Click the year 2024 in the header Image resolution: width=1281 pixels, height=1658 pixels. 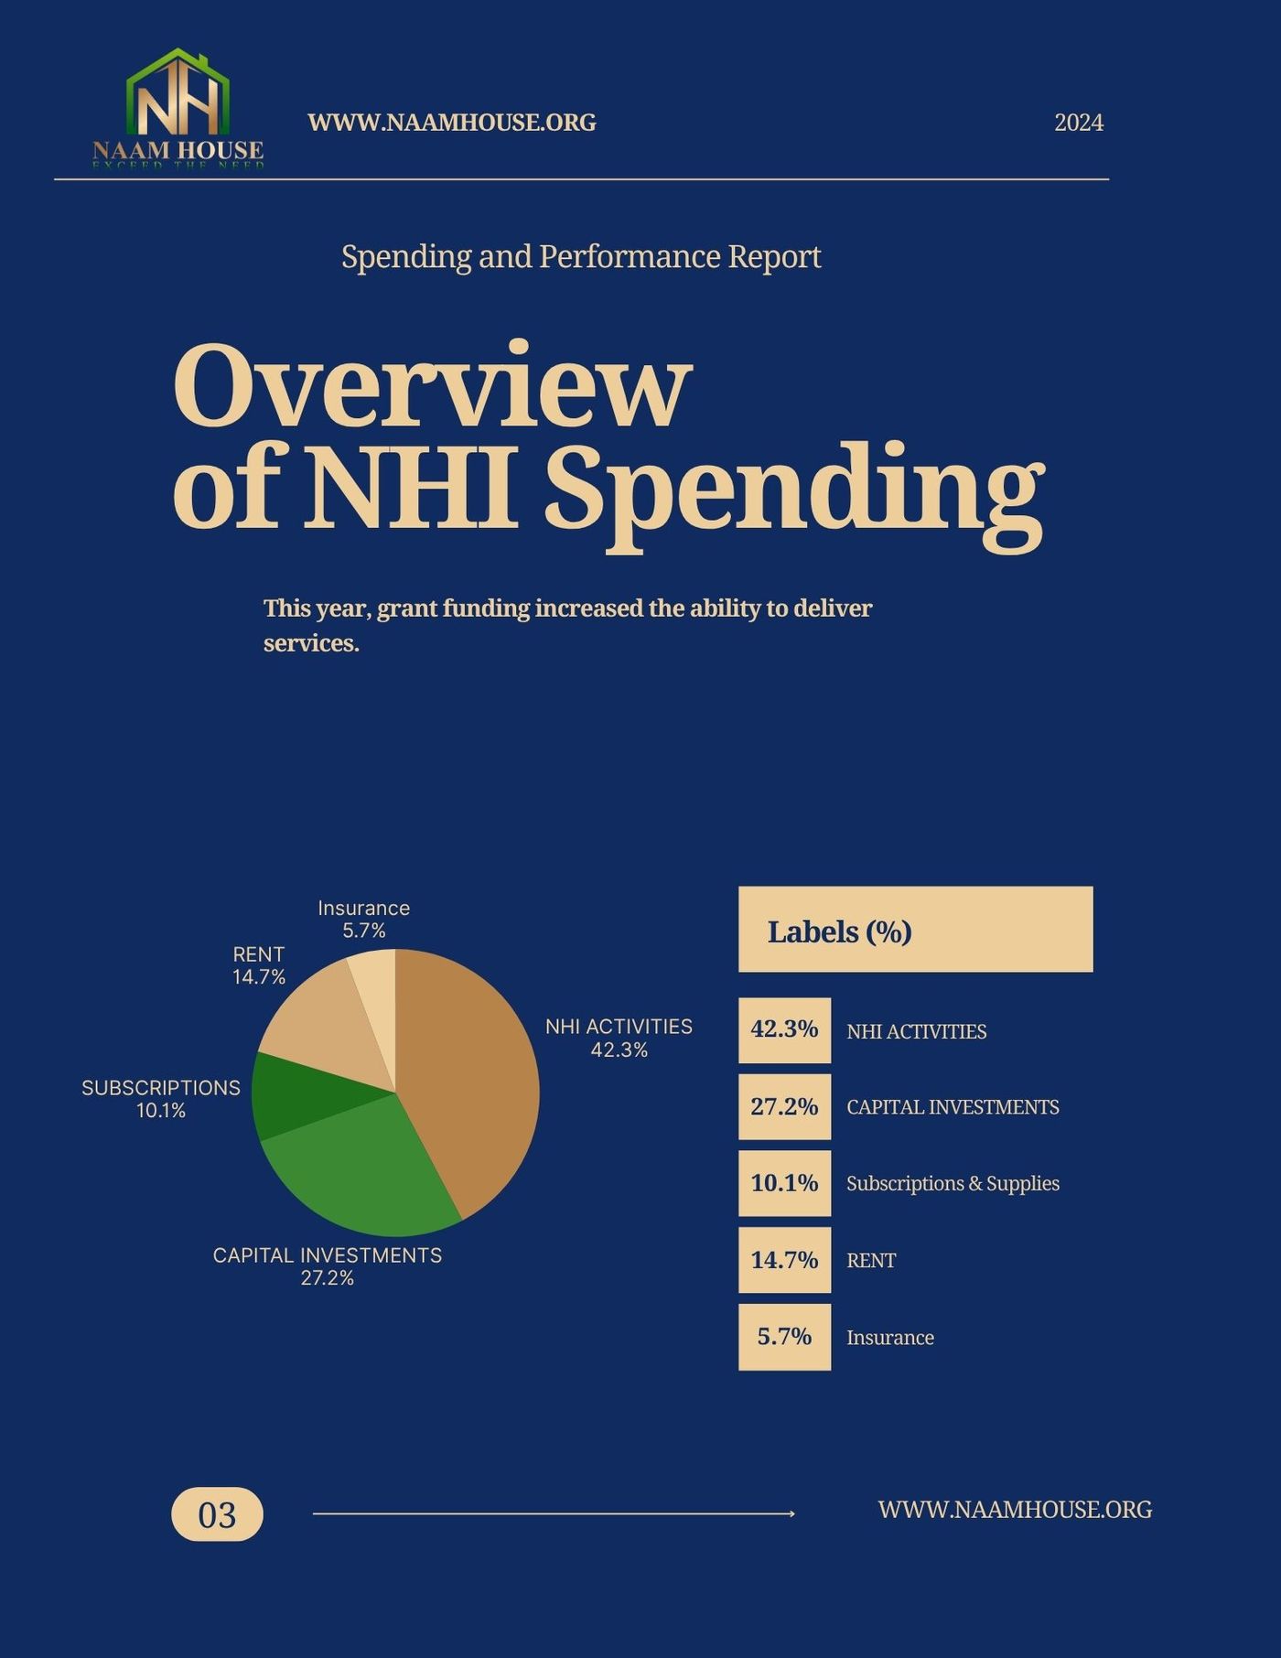[x=1078, y=123]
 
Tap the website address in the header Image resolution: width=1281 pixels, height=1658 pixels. [x=451, y=123]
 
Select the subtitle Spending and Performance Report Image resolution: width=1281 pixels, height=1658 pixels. [x=581, y=256]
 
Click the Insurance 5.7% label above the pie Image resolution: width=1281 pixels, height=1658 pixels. [x=363, y=919]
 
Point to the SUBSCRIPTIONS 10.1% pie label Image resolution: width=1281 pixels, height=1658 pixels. [x=161, y=1098]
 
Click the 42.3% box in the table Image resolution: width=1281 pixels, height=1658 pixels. [x=784, y=1029]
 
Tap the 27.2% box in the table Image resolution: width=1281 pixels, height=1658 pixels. [x=784, y=1106]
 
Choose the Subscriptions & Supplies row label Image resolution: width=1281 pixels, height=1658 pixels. [x=953, y=1183]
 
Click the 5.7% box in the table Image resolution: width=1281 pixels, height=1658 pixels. [x=784, y=1337]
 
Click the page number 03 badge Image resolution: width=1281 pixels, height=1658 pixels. [x=217, y=1514]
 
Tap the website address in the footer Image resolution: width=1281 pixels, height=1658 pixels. [x=1014, y=1510]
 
